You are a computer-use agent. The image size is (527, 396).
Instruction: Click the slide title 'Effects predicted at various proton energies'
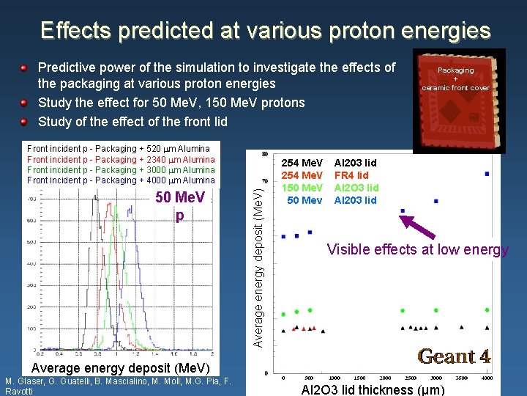coord(265,30)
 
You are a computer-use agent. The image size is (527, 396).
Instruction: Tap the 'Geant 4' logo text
coord(454,356)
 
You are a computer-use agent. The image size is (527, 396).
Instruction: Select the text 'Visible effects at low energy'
coord(417,249)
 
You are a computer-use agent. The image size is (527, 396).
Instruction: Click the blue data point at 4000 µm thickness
coord(487,174)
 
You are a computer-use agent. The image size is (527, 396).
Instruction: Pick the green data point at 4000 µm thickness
coord(487,310)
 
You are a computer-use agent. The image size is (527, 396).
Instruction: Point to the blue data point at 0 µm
coord(283,237)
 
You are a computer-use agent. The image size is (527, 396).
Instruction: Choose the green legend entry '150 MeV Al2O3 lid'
coord(330,188)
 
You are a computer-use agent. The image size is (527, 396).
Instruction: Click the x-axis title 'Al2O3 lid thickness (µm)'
coord(371,389)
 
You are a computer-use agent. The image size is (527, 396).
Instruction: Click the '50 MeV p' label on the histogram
coord(180,205)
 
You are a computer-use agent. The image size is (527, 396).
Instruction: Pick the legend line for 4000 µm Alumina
coord(121,180)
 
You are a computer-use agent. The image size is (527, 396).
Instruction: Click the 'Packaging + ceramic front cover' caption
coord(455,79)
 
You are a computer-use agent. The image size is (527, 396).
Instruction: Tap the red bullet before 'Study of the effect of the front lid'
coord(24,122)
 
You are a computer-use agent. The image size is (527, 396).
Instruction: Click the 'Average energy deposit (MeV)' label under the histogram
coord(120,367)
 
